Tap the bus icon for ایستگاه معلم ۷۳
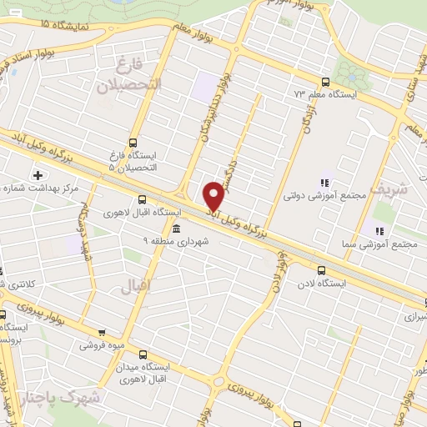[324, 82]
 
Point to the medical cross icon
[38, 175]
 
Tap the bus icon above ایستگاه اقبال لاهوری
[142, 199]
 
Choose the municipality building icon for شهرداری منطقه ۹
[175, 229]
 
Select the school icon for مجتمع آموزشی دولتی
[324, 183]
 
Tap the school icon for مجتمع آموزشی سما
[379, 230]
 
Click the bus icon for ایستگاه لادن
[322, 269]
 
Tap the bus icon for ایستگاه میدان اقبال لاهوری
[143, 354]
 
